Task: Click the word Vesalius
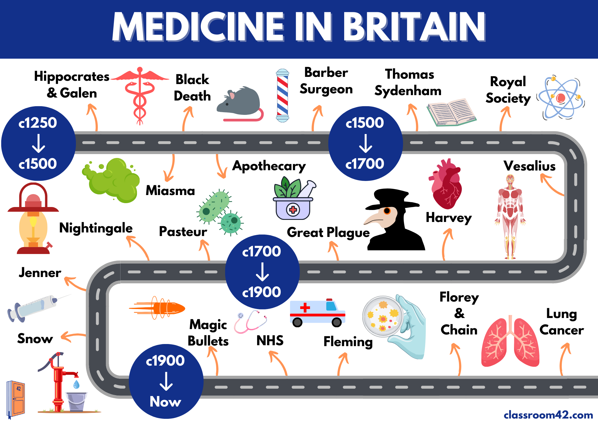point(529,166)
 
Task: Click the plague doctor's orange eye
point(387,211)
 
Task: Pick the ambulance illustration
point(317,313)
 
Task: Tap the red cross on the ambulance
point(305,308)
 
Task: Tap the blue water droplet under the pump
point(77,384)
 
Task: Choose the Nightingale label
point(96,228)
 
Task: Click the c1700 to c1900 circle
point(262,272)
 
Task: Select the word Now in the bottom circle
point(165,401)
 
